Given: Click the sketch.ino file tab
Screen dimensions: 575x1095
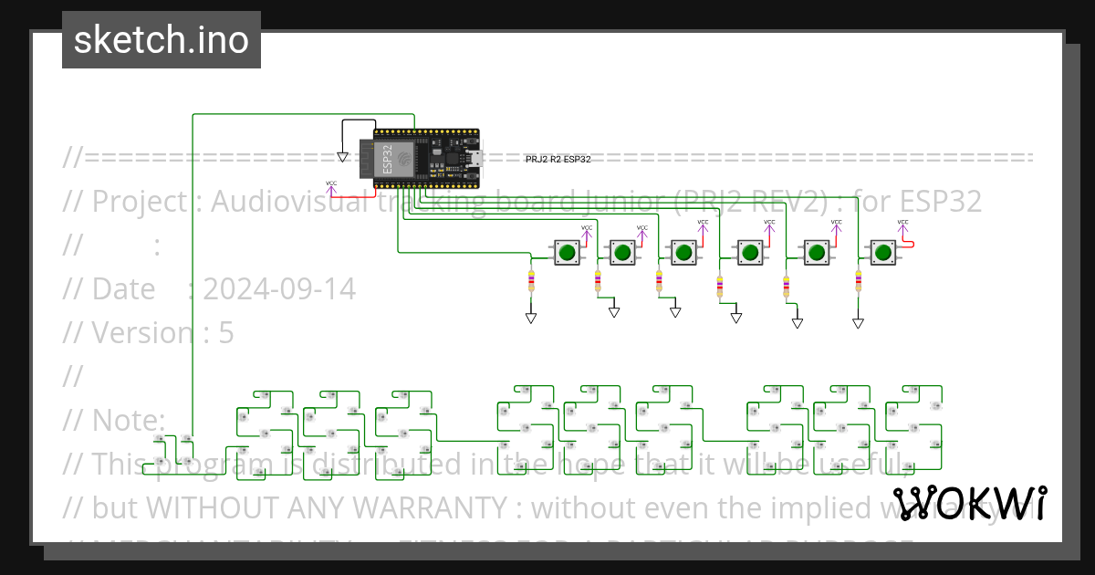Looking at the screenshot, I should (161, 40).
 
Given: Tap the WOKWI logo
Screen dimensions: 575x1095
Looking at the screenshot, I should (969, 503).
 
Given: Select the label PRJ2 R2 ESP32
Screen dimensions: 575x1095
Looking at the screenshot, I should (558, 159).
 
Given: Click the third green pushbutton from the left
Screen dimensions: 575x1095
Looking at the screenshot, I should (683, 252).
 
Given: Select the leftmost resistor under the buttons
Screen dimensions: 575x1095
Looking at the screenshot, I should (531, 280).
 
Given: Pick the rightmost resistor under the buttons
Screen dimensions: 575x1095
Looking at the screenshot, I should (858, 280).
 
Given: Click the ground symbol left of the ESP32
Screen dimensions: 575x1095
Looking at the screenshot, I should (342, 157).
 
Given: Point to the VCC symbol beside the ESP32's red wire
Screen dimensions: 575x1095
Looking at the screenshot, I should (331, 185).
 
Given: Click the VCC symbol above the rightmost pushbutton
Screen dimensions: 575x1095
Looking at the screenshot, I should (902, 225).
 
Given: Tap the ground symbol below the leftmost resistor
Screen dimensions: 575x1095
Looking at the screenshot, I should (530, 319).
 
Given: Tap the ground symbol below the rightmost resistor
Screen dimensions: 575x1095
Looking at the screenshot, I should (858, 323).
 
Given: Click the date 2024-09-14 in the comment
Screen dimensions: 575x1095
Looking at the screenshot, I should (279, 288).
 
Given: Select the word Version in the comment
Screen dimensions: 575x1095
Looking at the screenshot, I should (142, 333).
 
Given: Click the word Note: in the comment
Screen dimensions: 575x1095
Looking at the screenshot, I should (129, 420).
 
